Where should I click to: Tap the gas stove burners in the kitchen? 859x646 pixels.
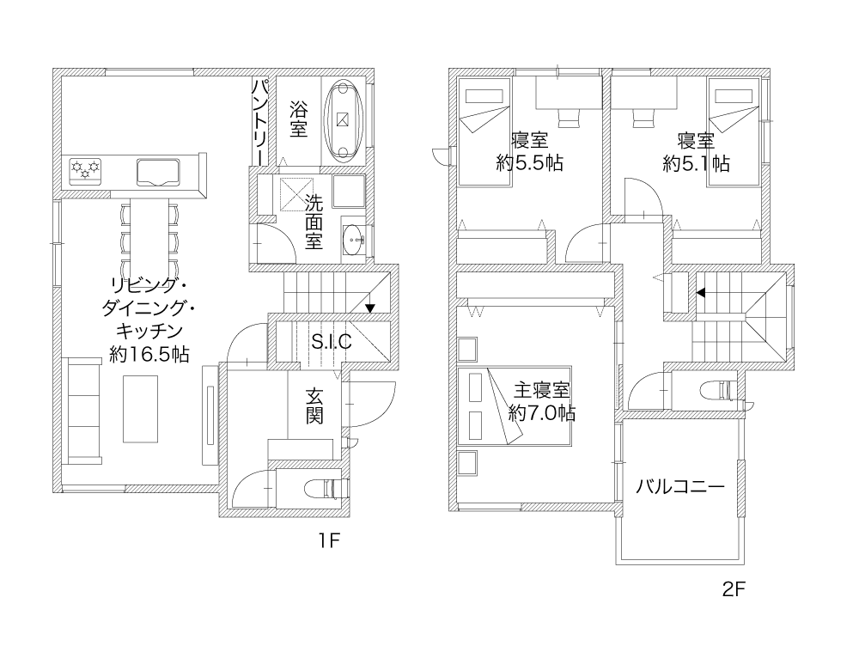[86, 168]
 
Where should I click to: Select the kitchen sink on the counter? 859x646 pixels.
[158, 173]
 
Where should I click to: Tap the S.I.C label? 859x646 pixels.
[332, 342]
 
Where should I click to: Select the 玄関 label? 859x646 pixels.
[314, 406]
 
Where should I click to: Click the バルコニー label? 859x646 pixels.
[680, 486]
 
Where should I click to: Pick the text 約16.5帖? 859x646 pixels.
[149, 355]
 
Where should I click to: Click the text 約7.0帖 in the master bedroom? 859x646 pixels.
[542, 412]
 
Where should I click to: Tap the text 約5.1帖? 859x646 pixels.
[696, 163]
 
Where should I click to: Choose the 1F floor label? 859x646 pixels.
[330, 541]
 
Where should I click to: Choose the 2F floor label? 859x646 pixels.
[734, 589]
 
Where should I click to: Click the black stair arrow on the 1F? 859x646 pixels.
[369, 308]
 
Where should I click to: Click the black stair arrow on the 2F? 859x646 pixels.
[701, 293]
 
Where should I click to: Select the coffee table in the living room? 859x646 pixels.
[140, 409]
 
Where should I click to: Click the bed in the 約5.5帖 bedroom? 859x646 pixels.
[484, 131]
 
